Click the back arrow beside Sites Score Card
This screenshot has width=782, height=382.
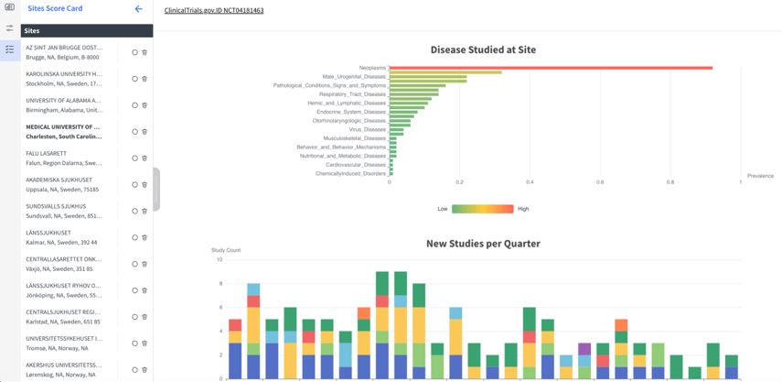(139, 9)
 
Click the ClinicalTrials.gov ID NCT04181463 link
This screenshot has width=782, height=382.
(214, 11)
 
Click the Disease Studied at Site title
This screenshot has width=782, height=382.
(483, 49)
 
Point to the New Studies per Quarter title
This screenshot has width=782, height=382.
(483, 244)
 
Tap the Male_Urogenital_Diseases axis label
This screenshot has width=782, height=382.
(354, 76)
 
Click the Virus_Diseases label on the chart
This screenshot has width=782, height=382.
(363, 129)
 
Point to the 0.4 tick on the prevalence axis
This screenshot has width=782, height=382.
(530, 181)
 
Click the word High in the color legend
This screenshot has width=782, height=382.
(523, 209)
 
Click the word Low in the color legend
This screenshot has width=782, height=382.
(443, 209)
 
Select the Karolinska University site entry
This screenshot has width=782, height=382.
(64, 78)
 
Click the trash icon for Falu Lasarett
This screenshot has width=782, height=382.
(145, 158)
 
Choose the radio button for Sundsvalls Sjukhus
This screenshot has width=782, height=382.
(134, 212)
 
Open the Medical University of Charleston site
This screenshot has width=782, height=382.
(64, 131)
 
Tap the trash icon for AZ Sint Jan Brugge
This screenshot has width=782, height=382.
(145, 52)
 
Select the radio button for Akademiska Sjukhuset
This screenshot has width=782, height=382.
(134, 185)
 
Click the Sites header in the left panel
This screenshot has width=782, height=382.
(32, 30)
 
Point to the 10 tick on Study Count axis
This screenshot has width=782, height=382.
(219, 259)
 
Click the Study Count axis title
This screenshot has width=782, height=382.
(226, 250)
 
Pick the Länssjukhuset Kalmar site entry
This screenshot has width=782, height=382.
(64, 237)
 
